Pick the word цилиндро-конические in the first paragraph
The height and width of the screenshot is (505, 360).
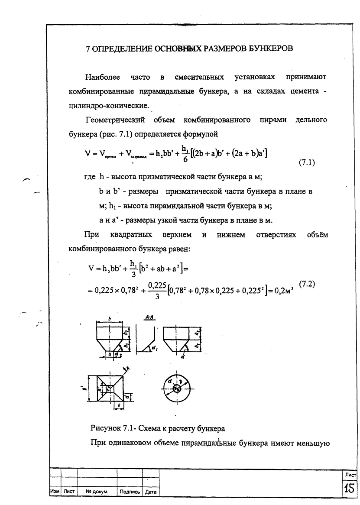pos(109,105)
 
